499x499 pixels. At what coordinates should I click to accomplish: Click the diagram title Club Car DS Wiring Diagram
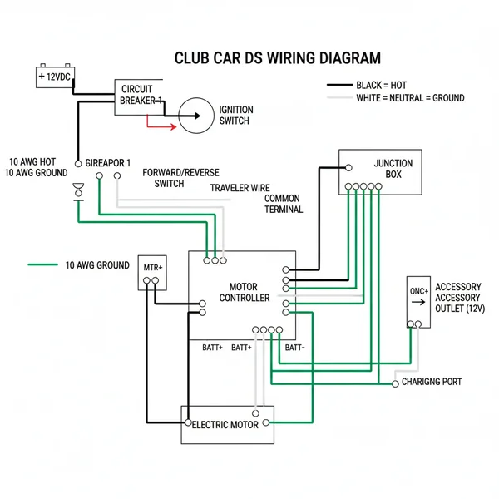pyautogui.click(x=278, y=59)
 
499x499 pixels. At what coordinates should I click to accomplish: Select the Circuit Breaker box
pyautogui.click(x=138, y=96)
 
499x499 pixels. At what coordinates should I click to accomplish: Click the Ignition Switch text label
pyautogui.click(x=235, y=116)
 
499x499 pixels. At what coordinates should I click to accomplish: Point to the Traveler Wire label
pyautogui.click(x=240, y=189)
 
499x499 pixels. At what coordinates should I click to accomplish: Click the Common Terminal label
pyautogui.click(x=283, y=205)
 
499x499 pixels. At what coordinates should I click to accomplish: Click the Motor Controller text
pyautogui.click(x=243, y=292)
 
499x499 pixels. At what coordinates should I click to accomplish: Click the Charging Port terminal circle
pyautogui.click(x=394, y=383)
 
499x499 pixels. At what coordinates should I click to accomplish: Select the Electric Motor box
pyautogui.click(x=227, y=425)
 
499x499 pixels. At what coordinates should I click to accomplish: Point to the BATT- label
pyautogui.click(x=295, y=348)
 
